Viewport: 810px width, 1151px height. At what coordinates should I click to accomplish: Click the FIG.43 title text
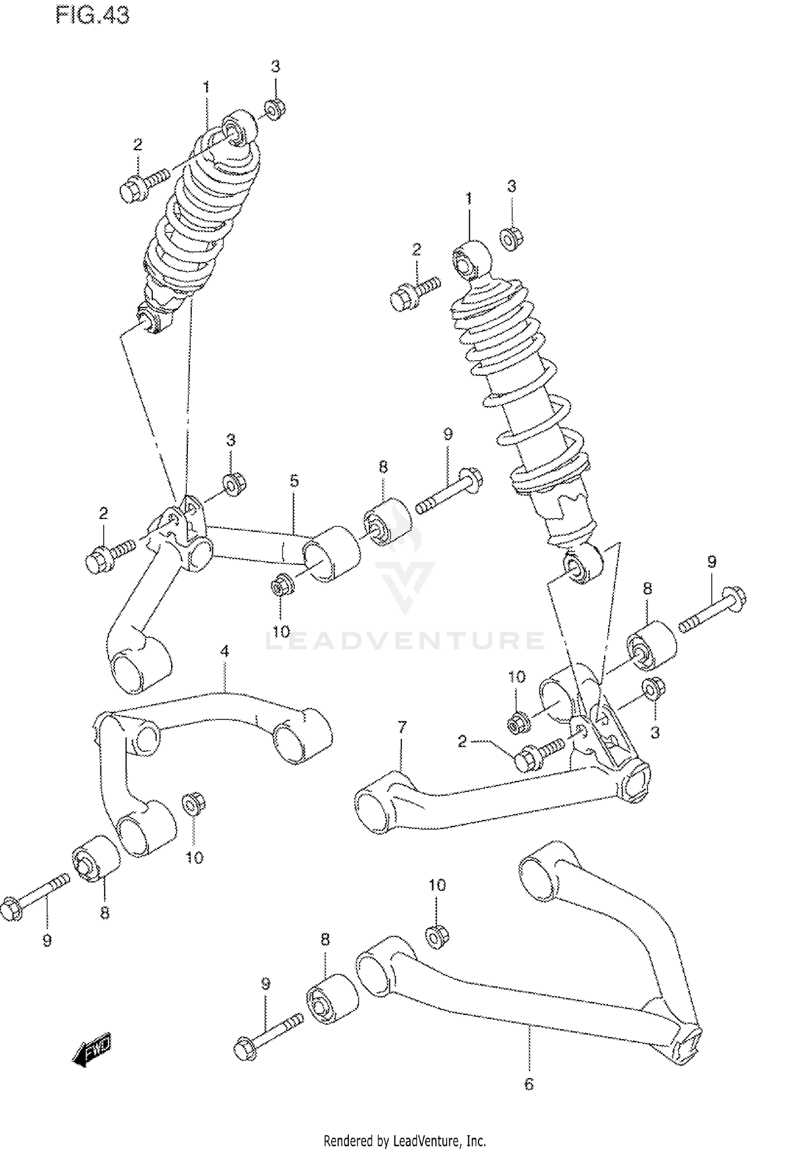pyautogui.click(x=92, y=16)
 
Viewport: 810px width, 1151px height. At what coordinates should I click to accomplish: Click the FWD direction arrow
pyautogui.click(x=92, y=1049)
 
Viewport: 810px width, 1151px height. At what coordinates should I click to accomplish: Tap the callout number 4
pyautogui.click(x=224, y=652)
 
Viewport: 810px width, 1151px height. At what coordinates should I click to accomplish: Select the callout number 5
pyautogui.click(x=294, y=480)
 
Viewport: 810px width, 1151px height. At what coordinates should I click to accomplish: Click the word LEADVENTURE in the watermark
pyautogui.click(x=405, y=641)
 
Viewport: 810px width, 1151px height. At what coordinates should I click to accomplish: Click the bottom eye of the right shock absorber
pyautogui.click(x=581, y=564)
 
